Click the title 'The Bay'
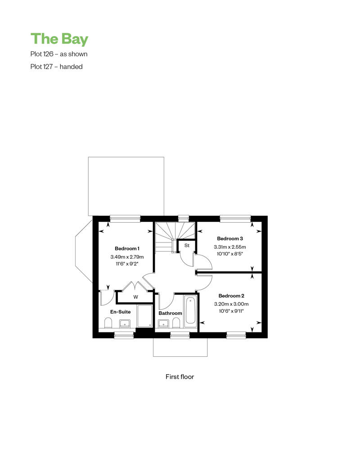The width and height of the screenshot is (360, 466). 59,39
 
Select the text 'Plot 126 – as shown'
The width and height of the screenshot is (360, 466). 59,54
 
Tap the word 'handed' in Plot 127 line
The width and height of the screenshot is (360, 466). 71,67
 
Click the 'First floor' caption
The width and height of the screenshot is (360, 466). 180,376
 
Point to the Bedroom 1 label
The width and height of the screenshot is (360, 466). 127,248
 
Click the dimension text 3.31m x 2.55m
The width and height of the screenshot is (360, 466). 230,247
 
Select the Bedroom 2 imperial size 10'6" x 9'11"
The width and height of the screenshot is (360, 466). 231,311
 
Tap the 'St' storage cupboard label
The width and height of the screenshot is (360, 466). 187,246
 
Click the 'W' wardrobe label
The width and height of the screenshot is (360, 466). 135,297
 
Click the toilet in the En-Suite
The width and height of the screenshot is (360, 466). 108,323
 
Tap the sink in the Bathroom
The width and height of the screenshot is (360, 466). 163,324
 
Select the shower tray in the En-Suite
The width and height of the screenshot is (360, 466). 145,316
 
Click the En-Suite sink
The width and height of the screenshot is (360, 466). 125,324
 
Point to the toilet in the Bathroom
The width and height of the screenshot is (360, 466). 176,323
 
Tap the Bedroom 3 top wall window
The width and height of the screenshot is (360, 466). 235,219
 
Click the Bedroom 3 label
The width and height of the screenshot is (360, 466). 230,239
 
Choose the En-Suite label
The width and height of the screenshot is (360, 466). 121,312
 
